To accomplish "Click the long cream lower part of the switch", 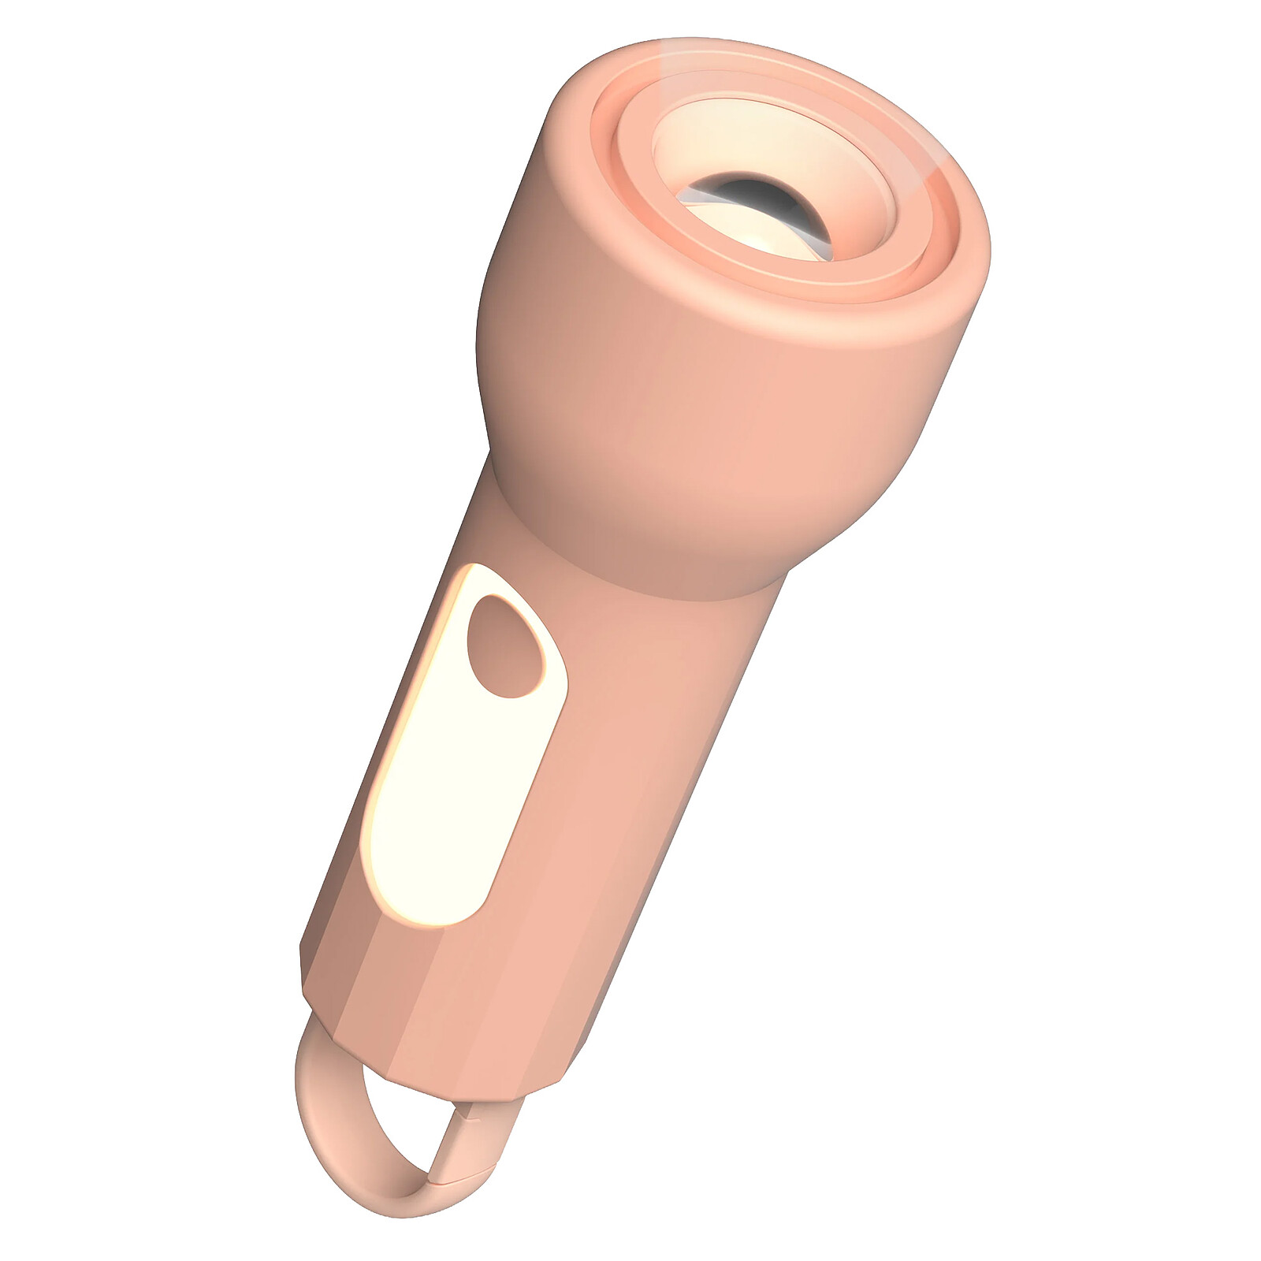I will (441, 812).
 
